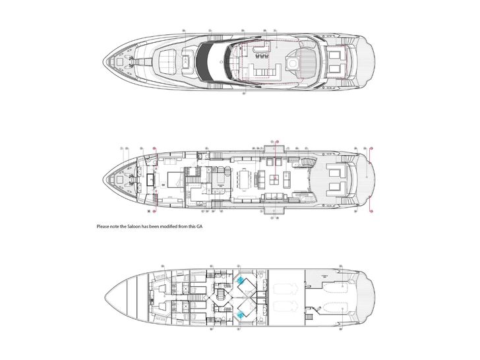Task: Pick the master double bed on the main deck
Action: [x=175, y=179]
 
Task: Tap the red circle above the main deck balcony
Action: [x=277, y=141]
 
